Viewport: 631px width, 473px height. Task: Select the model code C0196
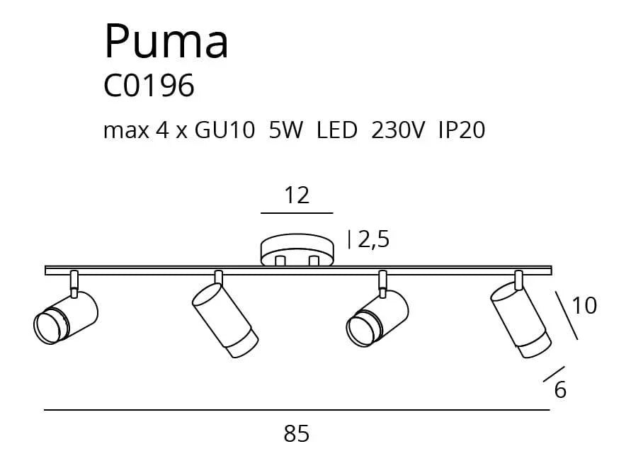[x=149, y=86]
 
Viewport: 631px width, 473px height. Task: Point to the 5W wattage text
[x=285, y=130]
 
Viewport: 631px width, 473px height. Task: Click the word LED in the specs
[x=337, y=130]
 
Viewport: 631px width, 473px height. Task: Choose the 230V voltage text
[x=397, y=130]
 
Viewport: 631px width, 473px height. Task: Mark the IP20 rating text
[x=462, y=130]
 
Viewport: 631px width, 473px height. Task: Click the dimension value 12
[x=297, y=195]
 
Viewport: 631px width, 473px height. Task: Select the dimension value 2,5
[x=373, y=240]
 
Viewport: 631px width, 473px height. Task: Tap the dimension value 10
[x=584, y=305]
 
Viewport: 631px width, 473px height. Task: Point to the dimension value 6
[x=560, y=390]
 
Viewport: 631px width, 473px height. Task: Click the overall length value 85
[x=297, y=433]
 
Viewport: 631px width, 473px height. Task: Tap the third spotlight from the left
[x=377, y=317]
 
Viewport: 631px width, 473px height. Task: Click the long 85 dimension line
[x=297, y=410]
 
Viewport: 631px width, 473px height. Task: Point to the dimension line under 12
[x=297, y=212]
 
